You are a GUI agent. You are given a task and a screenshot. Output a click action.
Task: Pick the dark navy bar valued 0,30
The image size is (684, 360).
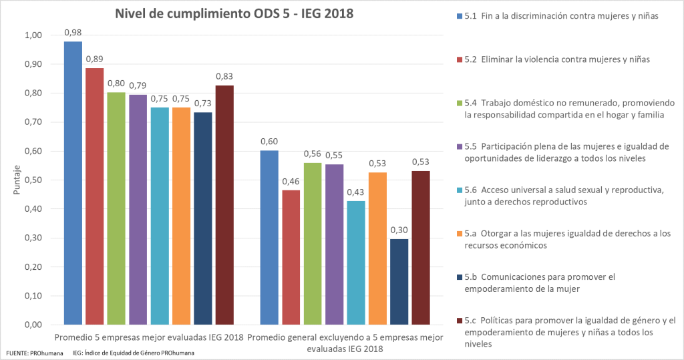click(x=399, y=281)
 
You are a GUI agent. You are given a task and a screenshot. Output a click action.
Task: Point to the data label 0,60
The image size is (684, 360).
click(x=269, y=141)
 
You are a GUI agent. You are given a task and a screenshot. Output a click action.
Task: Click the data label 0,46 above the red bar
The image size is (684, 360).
click(x=291, y=181)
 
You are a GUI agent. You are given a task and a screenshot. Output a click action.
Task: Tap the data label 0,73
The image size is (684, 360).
click(x=203, y=103)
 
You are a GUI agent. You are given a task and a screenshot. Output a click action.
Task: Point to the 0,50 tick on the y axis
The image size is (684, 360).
click(x=32, y=180)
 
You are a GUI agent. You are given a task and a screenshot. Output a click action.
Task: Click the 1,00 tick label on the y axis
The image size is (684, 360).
click(x=32, y=35)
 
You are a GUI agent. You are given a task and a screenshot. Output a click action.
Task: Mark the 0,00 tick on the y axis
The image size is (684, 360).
click(x=32, y=325)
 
